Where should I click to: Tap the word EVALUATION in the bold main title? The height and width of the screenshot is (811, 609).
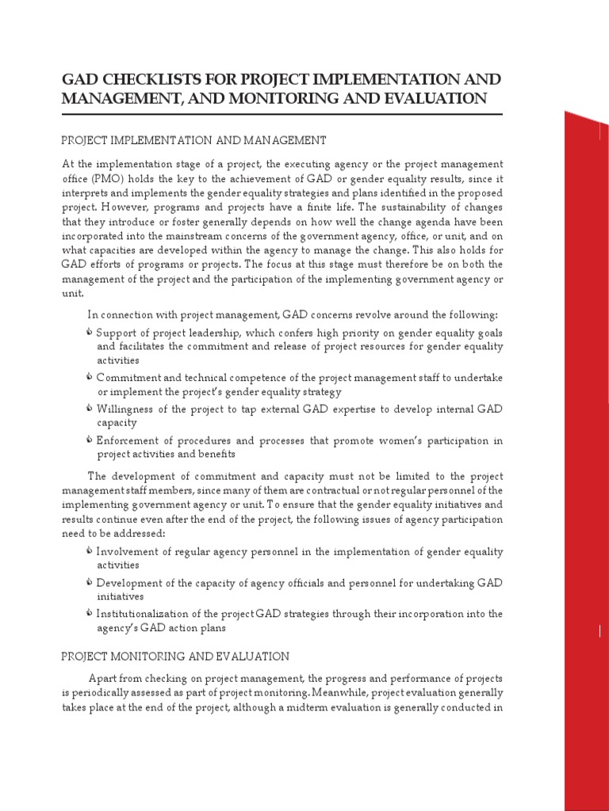point(429,99)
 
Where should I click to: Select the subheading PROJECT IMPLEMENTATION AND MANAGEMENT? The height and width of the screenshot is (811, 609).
point(193,140)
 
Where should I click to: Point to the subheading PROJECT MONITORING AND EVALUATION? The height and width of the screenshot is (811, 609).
point(175,657)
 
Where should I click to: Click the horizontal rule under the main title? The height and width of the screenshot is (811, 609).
point(282,115)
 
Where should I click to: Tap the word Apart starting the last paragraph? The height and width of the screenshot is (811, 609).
point(103,680)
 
